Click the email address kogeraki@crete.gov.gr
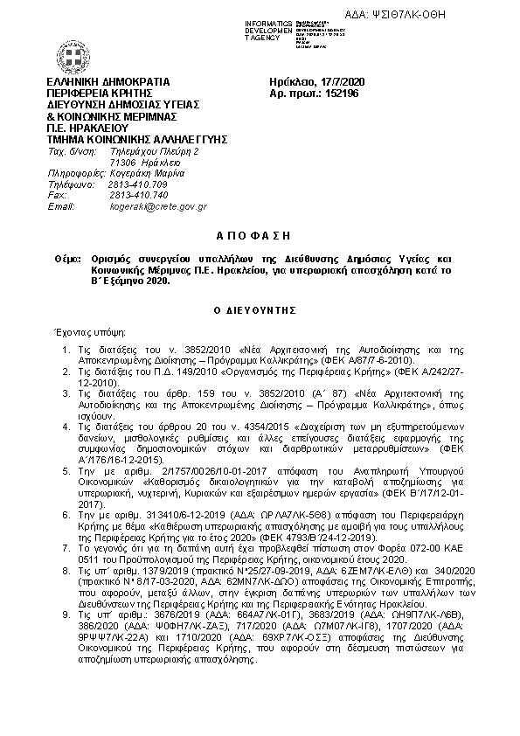158,206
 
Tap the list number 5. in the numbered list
69,470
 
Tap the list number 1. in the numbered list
69,350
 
